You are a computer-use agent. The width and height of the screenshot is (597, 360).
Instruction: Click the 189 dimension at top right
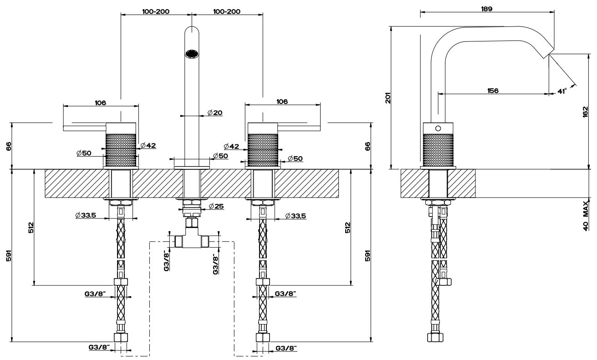(486, 8)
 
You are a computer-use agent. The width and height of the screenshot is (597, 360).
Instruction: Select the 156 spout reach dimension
(492, 91)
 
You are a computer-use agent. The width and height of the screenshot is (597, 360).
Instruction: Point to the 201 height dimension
(388, 98)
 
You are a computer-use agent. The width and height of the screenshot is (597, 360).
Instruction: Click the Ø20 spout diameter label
(214, 112)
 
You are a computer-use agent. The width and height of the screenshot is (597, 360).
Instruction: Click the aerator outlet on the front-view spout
(192, 54)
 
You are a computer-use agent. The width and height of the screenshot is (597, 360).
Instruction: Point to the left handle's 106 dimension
(101, 102)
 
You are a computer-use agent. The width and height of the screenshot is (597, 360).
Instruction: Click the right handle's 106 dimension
(282, 102)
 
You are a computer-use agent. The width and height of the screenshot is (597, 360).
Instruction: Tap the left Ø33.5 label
(86, 215)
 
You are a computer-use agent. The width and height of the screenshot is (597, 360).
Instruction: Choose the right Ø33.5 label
(295, 215)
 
